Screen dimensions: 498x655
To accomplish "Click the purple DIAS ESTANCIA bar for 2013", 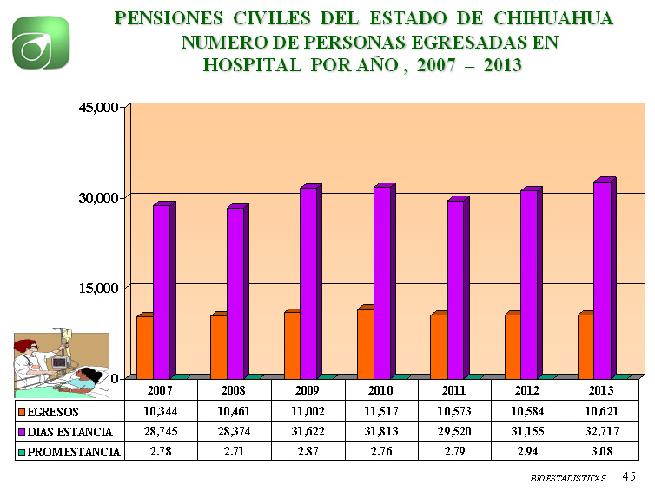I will pyautogui.click(x=600, y=280).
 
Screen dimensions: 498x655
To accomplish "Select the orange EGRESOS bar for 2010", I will pyautogui.click(x=365, y=342).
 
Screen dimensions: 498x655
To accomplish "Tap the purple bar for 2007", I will pyautogui.click(x=161, y=291).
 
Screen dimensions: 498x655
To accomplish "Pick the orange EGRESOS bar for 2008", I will pyautogui.click(x=218, y=345).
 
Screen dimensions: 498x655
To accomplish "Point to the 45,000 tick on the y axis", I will pyautogui.click(x=96, y=108).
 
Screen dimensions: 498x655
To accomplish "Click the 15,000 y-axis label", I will pyautogui.click(x=96, y=288).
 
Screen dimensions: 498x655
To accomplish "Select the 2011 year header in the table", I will pyautogui.click(x=454, y=390).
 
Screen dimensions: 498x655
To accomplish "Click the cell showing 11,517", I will pyautogui.click(x=381, y=410).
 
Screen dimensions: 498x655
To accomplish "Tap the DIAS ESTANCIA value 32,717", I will pyautogui.click(x=602, y=430).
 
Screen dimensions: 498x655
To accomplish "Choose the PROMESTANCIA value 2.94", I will pyautogui.click(x=528, y=451).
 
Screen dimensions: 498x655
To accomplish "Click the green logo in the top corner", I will pyautogui.click(x=41, y=43).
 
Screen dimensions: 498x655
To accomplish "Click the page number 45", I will pyautogui.click(x=630, y=476).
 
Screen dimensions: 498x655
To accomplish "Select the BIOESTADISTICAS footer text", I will pyautogui.click(x=568, y=479).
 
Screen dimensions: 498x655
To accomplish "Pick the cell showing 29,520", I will pyautogui.click(x=454, y=430).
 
